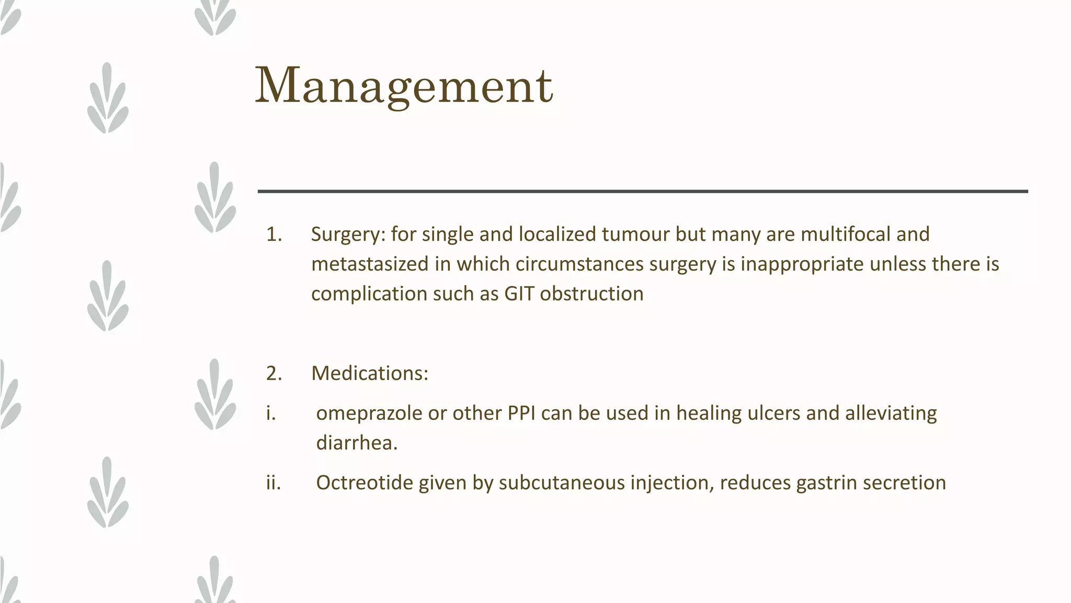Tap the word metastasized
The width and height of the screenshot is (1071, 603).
click(x=369, y=264)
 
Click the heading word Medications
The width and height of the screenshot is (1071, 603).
click(x=369, y=374)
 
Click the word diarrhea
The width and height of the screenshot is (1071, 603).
click(x=357, y=443)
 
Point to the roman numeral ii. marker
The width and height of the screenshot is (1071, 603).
click(x=273, y=483)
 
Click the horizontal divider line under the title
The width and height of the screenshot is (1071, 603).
click(x=643, y=192)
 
